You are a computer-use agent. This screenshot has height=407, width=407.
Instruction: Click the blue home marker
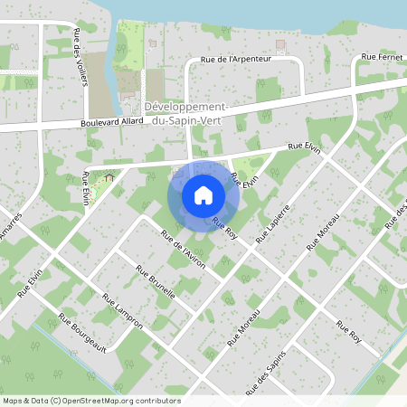pyautogui.click(x=203, y=195)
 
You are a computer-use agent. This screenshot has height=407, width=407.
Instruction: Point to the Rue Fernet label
pyautogui.click(x=381, y=57)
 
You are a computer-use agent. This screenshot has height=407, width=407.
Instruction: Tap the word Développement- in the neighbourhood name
pyautogui.click(x=188, y=107)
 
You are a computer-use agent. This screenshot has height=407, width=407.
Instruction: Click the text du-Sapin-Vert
pyautogui.click(x=189, y=119)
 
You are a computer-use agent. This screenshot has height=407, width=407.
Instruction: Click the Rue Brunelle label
pyautogui.click(x=155, y=282)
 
